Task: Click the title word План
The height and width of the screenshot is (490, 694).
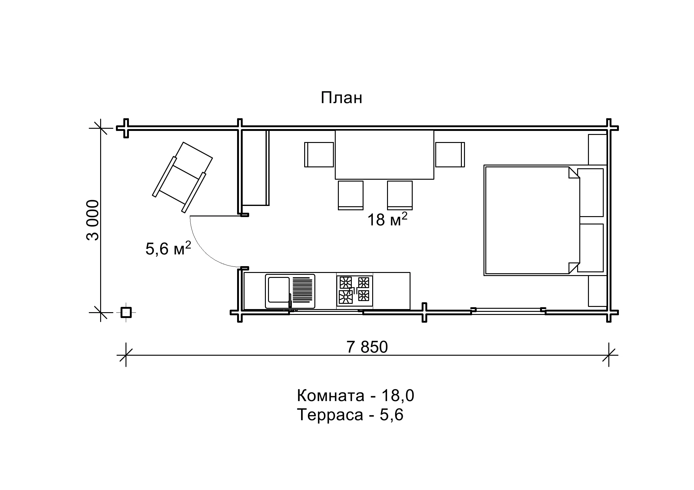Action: (341, 98)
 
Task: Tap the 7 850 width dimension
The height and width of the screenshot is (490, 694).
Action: (367, 347)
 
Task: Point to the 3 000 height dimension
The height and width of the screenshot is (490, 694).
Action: (92, 220)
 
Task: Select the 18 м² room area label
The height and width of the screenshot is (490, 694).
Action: (387, 219)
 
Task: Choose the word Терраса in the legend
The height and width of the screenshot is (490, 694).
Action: (330, 415)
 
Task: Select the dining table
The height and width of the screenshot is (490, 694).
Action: (384, 154)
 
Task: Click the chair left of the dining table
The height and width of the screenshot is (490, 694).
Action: (319, 155)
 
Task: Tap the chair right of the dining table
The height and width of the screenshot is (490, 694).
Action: (450, 155)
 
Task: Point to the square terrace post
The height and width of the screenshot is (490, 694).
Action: (126, 313)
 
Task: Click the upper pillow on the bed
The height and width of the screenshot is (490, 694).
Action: (590, 192)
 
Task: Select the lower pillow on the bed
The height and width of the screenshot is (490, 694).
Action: (590, 248)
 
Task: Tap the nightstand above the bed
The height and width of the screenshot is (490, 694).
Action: (597, 149)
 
